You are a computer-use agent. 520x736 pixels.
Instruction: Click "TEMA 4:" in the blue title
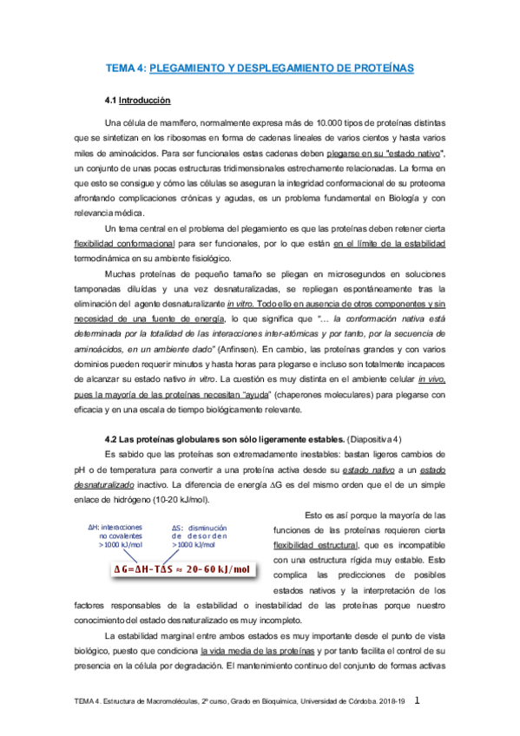click(x=127, y=68)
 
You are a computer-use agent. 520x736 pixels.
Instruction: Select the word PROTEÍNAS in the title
click(x=378, y=68)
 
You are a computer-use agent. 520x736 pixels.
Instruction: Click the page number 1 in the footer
click(x=418, y=700)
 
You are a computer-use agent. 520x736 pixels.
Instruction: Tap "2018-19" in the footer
click(x=391, y=701)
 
